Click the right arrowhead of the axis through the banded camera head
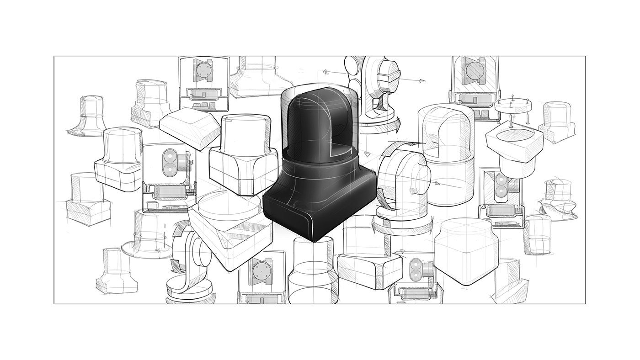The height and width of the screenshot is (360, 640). (x=421, y=81)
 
